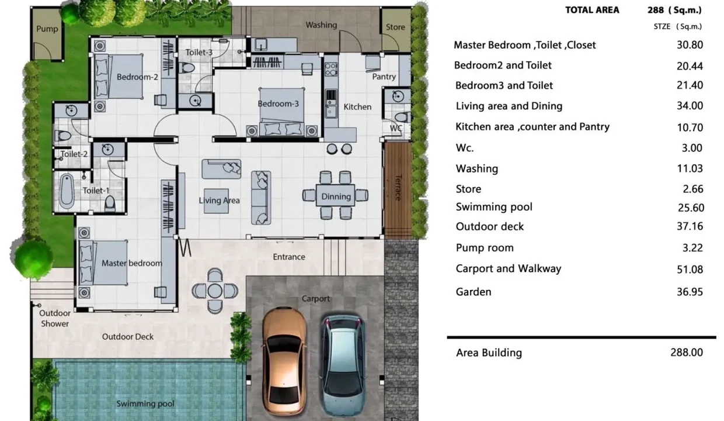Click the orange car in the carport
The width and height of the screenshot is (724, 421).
tap(284, 361)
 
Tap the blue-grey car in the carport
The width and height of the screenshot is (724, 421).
tap(343, 364)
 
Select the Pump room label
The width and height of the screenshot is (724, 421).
tap(47, 29)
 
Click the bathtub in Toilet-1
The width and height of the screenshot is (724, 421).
tap(67, 191)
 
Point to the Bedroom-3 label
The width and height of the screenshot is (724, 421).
tap(279, 104)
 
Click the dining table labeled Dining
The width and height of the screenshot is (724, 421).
tap(336, 195)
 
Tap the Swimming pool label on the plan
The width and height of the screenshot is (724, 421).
tap(145, 403)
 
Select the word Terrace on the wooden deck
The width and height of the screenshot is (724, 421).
tap(399, 188)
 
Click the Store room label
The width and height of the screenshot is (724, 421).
tap(395, 27)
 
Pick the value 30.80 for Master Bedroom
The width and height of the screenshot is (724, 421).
tap(690, 44)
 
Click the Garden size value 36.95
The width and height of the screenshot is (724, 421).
tap(690, 292)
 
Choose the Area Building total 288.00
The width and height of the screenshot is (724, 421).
tap(687, 352)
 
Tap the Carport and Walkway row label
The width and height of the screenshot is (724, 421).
tap(509, 268)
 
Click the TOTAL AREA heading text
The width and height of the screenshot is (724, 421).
tap(592, 10)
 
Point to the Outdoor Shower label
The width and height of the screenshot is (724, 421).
tap(55, 319)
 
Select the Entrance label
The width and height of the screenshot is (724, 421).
tap(289, 257)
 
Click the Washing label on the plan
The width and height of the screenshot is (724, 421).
tap(321, 25)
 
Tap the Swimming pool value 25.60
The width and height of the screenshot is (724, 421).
tap(691, 208)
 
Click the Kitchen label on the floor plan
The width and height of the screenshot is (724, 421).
tap(357, 107)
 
